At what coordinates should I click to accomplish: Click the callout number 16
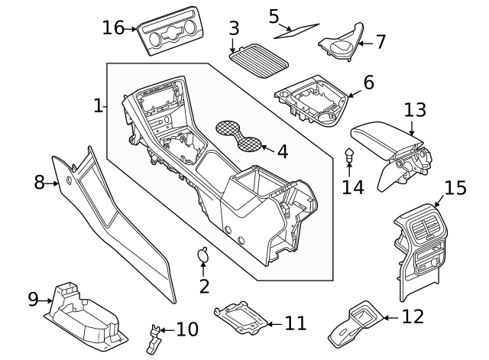click(113, 28)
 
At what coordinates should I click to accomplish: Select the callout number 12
click(412, 316)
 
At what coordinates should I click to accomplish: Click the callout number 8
click(40, 183)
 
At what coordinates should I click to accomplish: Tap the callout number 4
click(282, 151)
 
